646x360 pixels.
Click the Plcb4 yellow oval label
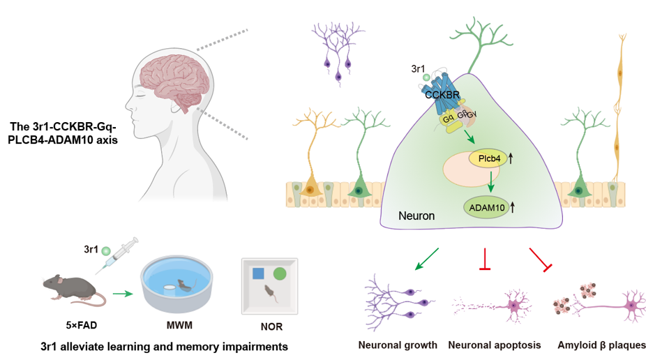pyautogui.click(x=488, y=158)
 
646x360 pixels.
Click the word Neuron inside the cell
pyautogui.click(x=416, y=216)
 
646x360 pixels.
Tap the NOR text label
pyautogui.click(x=271, y=325)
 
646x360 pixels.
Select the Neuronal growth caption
pyautogui.click(x=398, y=345)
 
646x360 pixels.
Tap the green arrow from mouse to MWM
pyautogui.click(x=123, y=294)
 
